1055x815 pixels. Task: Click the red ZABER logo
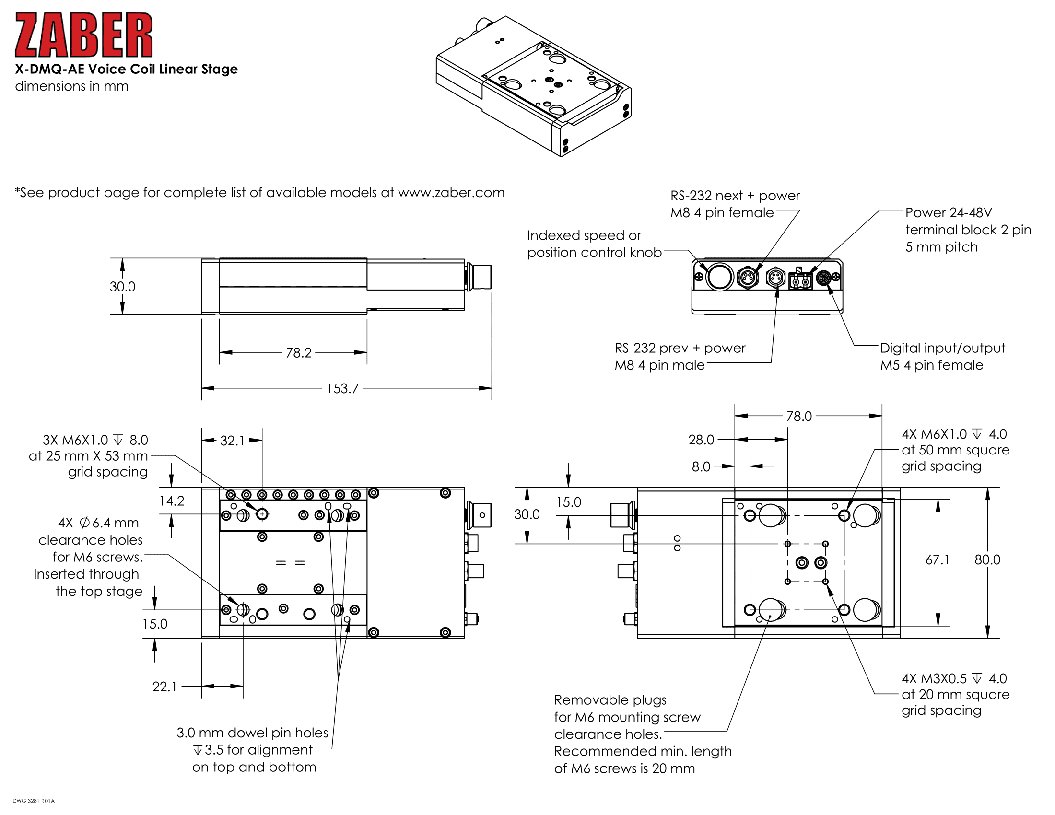pos(83,35)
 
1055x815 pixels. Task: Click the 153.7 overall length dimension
pos(342,388)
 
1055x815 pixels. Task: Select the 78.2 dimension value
pos(298,352)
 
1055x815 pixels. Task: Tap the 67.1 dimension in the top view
pos(937,559)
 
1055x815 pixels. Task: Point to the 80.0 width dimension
pos(987,559)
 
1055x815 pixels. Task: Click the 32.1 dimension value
pos(232,441)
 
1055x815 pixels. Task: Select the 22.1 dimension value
pos(164,687)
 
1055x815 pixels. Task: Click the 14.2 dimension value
pos(172,501)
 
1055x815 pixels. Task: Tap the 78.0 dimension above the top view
pos(798,416)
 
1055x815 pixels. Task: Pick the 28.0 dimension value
pos(701,440)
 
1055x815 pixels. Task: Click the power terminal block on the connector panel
pos(800,279)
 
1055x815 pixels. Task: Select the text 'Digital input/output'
pos(942,348)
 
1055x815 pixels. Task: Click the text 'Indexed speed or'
pos(584,235)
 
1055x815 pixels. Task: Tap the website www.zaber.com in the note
pos(451,193)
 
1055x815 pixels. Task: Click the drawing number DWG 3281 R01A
pos(34,801)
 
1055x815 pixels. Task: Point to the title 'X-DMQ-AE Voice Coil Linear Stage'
pos(126,69)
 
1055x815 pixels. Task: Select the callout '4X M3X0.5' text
pos(933,678)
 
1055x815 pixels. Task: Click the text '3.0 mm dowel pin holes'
pos(252,733)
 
